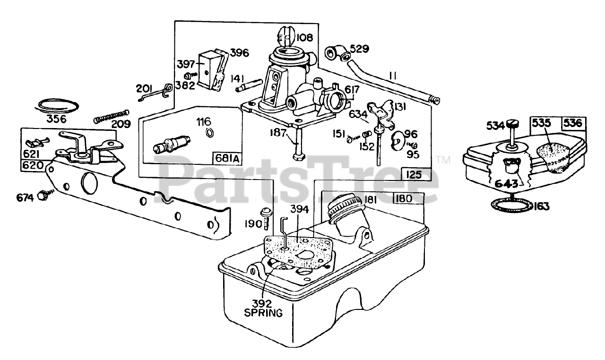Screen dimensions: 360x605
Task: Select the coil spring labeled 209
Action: (111, 116)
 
